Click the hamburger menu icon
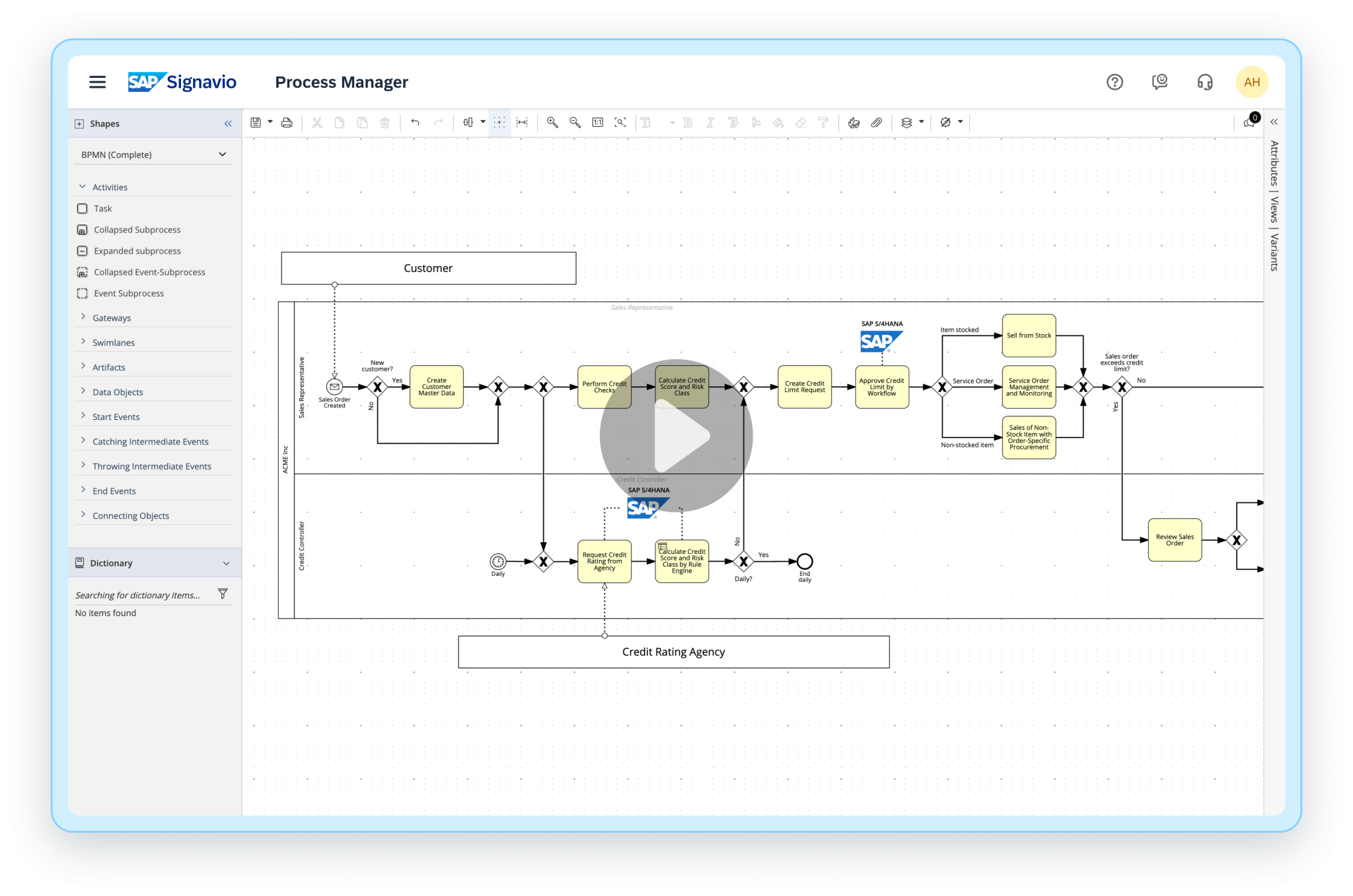[x=97, y=82]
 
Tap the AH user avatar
[x=1251, y=82]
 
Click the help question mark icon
[x=1115, y=82]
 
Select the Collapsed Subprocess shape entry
[x=137, y=230]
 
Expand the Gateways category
[x=112, y=318]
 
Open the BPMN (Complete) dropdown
[x=153, y=155]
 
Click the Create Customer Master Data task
[x=436, y=387]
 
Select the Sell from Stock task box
[x=1029, y=335]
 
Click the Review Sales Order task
[x=1174, y=539]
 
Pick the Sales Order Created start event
[x=334, y=387]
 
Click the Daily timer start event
[x=497, y=561]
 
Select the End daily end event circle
[x=804, y=561]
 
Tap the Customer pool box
[x=428, y=268]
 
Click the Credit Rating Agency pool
[x=673, y=652]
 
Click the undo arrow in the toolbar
[x=415, y=122]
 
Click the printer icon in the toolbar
[x=287, y=122]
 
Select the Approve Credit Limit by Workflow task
[x=881, y=387]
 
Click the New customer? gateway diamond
[x=377, y=387]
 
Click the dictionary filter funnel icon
[x=223, y=594]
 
